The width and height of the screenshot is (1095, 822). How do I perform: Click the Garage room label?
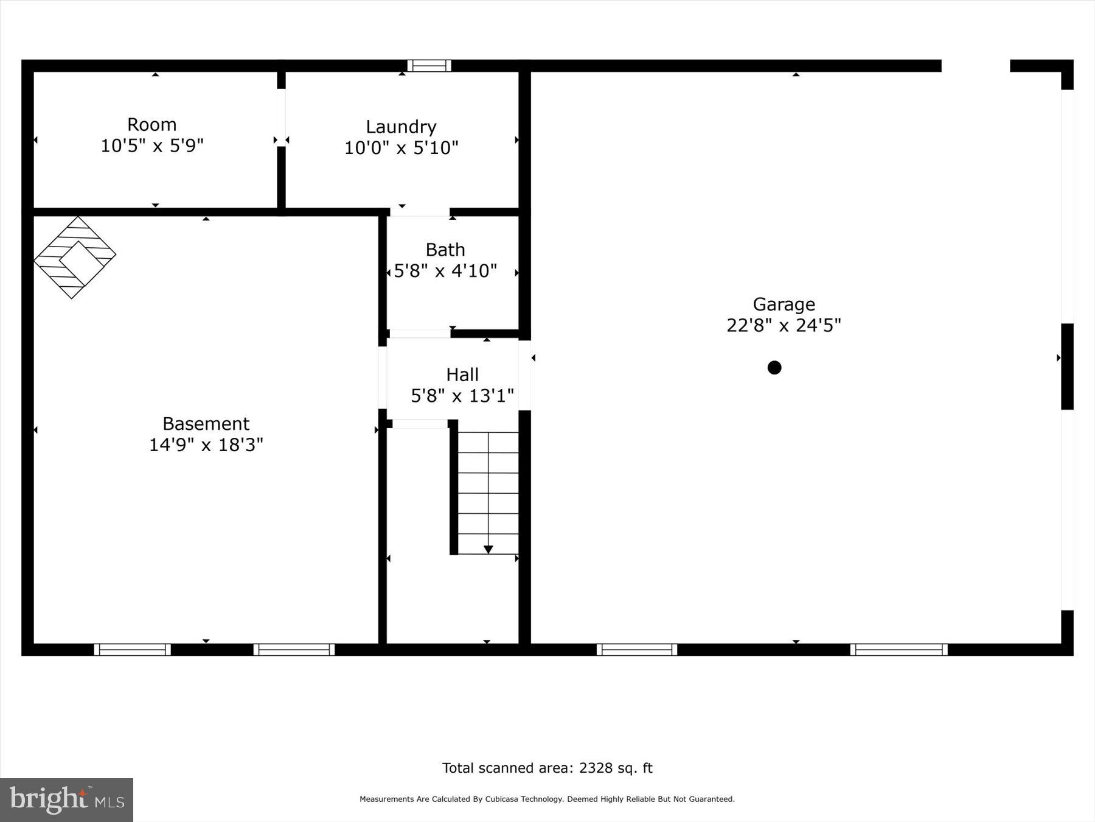[784, 304]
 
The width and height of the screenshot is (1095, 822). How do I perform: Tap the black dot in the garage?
[774, 367]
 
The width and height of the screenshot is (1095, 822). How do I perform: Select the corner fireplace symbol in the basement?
[74, 258]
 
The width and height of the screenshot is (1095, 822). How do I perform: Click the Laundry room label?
[401, 127]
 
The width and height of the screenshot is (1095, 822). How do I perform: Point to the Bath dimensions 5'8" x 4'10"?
[445, 270]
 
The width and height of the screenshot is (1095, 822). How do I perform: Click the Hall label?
[462, 374]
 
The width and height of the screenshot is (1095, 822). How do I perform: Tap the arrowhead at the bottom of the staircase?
[488, 549]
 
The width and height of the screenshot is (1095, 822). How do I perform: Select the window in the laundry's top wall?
[429, 66]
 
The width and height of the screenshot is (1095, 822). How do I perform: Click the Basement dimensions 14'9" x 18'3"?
[206, 444]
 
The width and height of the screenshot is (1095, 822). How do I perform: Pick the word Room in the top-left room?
[151, 124]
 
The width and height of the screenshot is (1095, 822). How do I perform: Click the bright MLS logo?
[66, 799]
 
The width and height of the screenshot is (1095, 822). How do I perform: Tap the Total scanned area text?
[547, 768]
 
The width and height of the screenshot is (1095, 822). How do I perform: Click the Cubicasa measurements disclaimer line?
[547, 799]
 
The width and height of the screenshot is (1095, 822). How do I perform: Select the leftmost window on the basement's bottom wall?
[132, 650]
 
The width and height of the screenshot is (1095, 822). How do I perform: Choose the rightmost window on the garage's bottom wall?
[898, 650]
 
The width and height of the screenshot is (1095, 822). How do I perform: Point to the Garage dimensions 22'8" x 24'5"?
[784, 325]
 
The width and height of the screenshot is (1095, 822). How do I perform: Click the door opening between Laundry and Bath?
[419, 212]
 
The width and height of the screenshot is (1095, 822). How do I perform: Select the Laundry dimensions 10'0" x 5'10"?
[401, 147]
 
